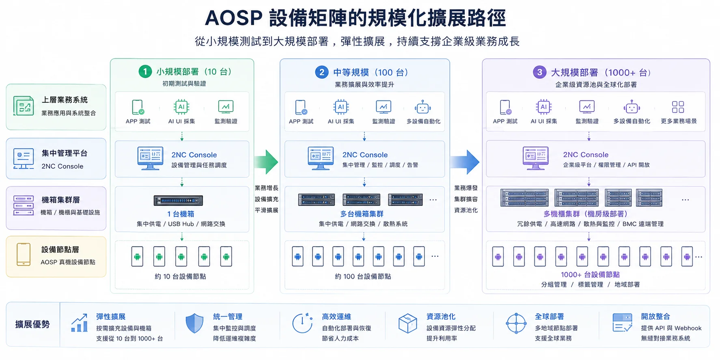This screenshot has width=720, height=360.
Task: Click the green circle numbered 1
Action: pyautogui.click(x=145, y=71)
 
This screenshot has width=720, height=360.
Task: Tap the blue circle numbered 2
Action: pyautogui.click(x=322, y=72)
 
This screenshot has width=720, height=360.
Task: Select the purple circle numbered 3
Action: pyautogui.click(x=539, y=72)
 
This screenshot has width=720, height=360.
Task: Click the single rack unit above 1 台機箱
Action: pyautogui.click(x=178, y=200)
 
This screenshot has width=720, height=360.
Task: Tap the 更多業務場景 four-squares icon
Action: pyautogui.click(x=678, y=107)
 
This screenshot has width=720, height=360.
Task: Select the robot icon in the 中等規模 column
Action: pyautogui.click(x=423, y=107)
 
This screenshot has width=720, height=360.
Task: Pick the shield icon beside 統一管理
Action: pyautogui.click(x=194, y=323)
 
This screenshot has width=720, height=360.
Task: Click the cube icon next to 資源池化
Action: pyautogui.click(x=407, y=323)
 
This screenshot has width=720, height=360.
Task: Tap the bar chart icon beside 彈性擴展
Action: pyautogui.click(x=80, y=323)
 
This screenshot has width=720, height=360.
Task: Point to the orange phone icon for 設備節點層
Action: pyautogui.click(x=24, y=254)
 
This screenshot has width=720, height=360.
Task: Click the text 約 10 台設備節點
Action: pyautogui.click(x=180, y=276)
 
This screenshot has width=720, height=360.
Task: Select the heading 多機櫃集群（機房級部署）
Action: pyautogui.click(x=586, y=214)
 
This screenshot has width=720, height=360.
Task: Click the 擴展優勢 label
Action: pyautogui.click(x=32, y=324)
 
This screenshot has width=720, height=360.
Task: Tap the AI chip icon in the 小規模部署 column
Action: pyautogui.click(x=181, y=107)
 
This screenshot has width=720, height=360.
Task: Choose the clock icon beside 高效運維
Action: pyautogui.click(x=302, y=323)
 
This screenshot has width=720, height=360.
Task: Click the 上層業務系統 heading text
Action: pyautogui.click(x=65, y=100)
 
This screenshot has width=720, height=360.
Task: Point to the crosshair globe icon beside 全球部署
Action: pyautogui.click(x=516, y=323)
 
